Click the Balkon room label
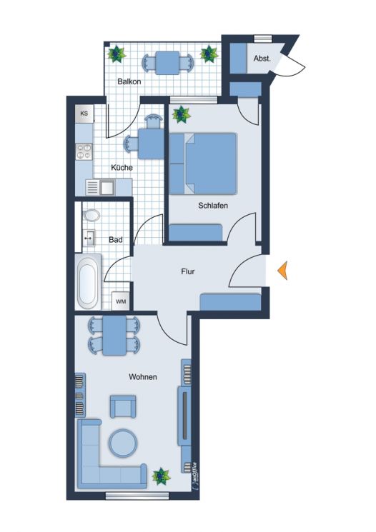[x=129, y=82]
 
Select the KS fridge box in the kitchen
[x=84, y=114]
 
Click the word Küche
[x=122, y=168]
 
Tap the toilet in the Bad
[x=91, y=215]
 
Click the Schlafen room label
[x=213, y=206]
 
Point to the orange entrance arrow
[x=283, y=270]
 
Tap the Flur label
[x=187, y=271]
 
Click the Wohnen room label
[x=142, y=376]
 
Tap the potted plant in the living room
[x=162, y=475]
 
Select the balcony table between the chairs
[x=169, y=63]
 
